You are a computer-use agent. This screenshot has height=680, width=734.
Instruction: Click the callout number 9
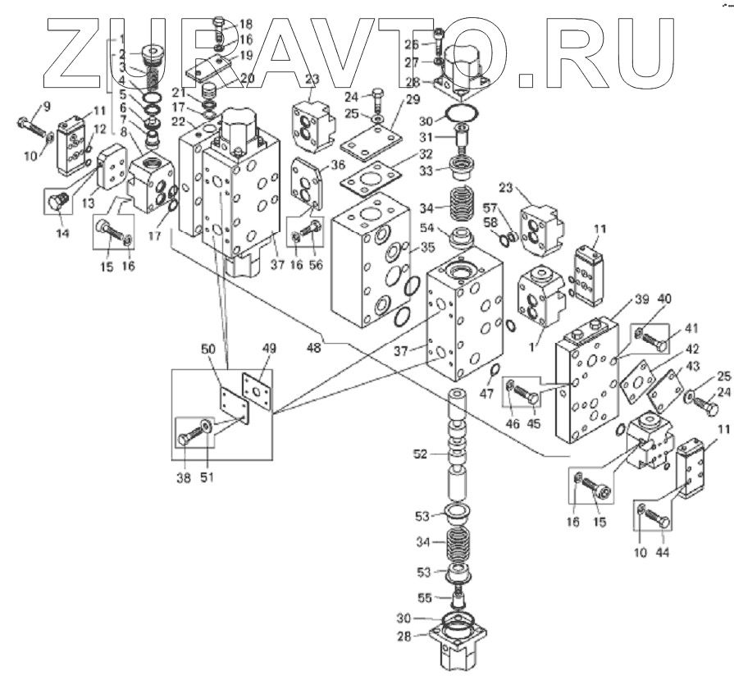[x=46, y=106]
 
